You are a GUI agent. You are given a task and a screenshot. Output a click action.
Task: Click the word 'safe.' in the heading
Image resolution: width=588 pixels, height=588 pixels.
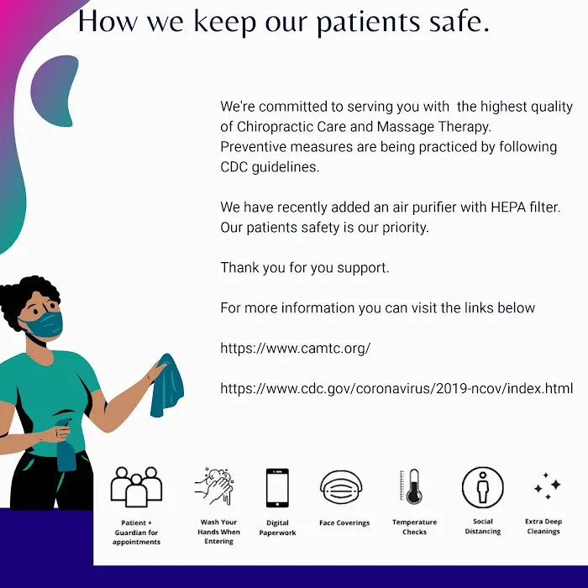point(459,21)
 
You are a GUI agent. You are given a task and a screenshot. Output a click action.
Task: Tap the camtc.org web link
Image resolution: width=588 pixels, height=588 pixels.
point(296,349)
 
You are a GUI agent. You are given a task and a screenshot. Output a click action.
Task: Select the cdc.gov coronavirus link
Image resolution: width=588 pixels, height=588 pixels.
point(396,388)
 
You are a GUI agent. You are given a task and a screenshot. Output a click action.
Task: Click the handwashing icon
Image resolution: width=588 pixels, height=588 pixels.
point(214,486)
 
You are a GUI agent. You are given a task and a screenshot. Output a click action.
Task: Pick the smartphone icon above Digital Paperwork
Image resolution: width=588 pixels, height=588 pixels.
point(277,488)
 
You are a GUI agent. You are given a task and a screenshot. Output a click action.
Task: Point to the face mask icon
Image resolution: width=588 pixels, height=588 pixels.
point(341,487)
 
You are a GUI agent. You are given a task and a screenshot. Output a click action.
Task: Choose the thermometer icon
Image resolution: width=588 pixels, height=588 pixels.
point(412,486)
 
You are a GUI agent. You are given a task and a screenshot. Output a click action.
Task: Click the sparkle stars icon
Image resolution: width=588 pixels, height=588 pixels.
point(548,486)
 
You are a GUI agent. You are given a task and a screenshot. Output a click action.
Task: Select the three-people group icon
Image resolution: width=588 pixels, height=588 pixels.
point(136,487)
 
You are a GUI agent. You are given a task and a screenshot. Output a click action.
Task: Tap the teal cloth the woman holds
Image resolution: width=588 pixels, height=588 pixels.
point(167,386)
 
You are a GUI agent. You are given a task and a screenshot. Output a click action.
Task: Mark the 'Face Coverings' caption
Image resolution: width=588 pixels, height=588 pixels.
point(344,522)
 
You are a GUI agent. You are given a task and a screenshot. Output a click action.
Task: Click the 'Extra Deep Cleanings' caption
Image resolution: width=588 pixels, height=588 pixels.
point(543,526)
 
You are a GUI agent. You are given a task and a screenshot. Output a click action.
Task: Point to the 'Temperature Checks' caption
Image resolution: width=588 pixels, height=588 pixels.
point(414,527)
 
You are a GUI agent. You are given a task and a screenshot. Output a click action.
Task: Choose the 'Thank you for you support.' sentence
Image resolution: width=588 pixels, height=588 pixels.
point(305,268)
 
